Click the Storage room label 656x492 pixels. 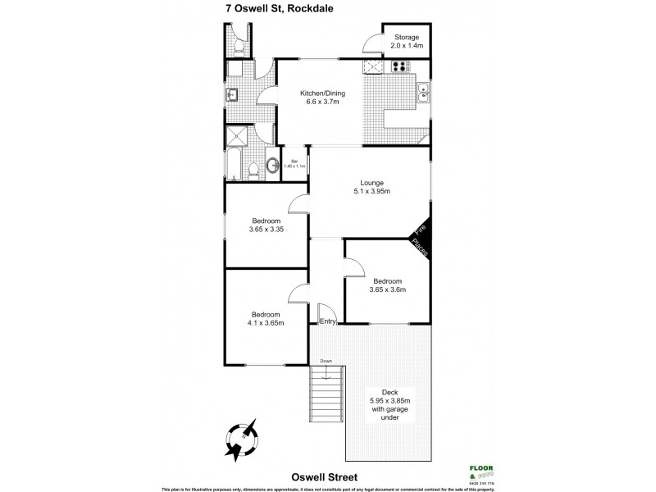coord(407,38)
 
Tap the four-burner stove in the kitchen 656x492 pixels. coord(401,67)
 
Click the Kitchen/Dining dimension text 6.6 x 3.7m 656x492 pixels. coord(319,101)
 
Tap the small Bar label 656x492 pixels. coord(294,161)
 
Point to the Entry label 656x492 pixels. coord(327,321)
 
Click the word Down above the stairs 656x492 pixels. coord(326,361)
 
